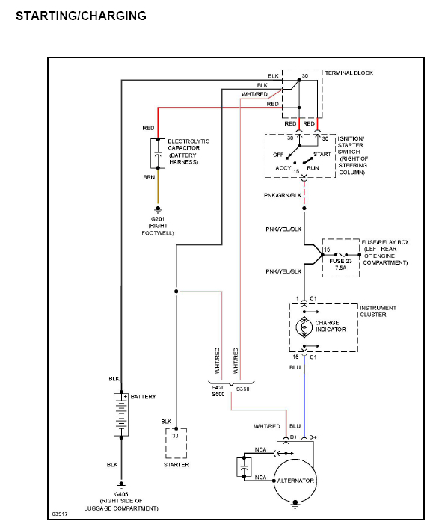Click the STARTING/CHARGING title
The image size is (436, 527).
(x=81, y=16)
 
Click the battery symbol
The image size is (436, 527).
(x=121, y=415)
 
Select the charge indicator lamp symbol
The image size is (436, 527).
(x=304, y=327)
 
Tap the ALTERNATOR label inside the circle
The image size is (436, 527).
(x=295, y=481)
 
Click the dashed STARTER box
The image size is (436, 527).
(x=176, y=443)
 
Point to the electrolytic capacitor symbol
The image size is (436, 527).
(x=158, y=153)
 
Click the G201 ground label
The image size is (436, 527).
(x=158, y=219)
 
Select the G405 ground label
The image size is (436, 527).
(x=121, y=494)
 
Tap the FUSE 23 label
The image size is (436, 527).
(x=340, y=261)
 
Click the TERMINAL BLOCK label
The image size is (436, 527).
(x=349, y=73)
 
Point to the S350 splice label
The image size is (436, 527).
(x=243, y=389)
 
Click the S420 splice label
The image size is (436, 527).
(x=218, y=387)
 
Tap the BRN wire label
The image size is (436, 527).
(x=149, y=177)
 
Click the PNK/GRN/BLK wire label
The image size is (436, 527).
(x=283, y=195)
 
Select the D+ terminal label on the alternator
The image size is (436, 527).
(x=313, y=437)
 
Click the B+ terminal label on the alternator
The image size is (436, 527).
(x=294, y=437)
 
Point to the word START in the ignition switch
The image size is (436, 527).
(x=322, y=154)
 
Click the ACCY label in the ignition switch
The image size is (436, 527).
(x=283, y=168)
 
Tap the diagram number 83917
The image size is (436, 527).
(x=60, y=514)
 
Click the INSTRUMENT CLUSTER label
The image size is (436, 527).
(x=378, y=311)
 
